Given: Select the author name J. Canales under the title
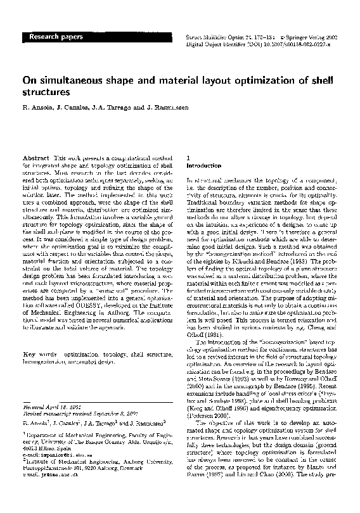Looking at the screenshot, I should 69,108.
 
